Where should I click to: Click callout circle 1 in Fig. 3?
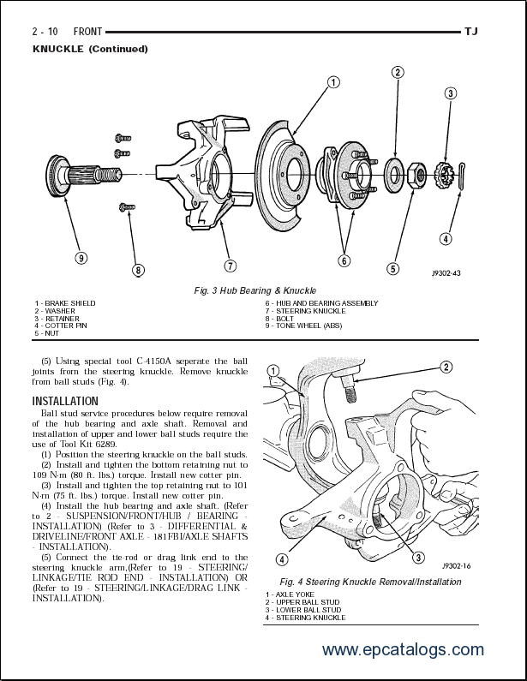pyautogui.click(x=333, y=83)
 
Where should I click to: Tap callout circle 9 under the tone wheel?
pyautogui.click(x=80, y=258)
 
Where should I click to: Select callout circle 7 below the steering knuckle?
pyautogui.click(x=230, y=265)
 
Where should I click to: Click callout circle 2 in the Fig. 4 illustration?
pyautogui.click(x=446, y=367)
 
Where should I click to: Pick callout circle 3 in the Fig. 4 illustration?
pyautogui.click(x=418, y=558)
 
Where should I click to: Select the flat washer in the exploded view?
pyautogui.click(x=395, y=175)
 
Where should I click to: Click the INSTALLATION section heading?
pyautogui.click(x=65, y=401)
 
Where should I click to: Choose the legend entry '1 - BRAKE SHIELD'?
pyautogui.click(x=65, y=303)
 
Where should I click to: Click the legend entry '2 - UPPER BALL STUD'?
pyautogui.click(x=302, y=602)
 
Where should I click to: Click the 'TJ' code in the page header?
pyautogui.click(x=470, y=32)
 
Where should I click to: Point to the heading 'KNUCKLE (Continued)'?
pyautogui.click(x=90, y=49)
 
